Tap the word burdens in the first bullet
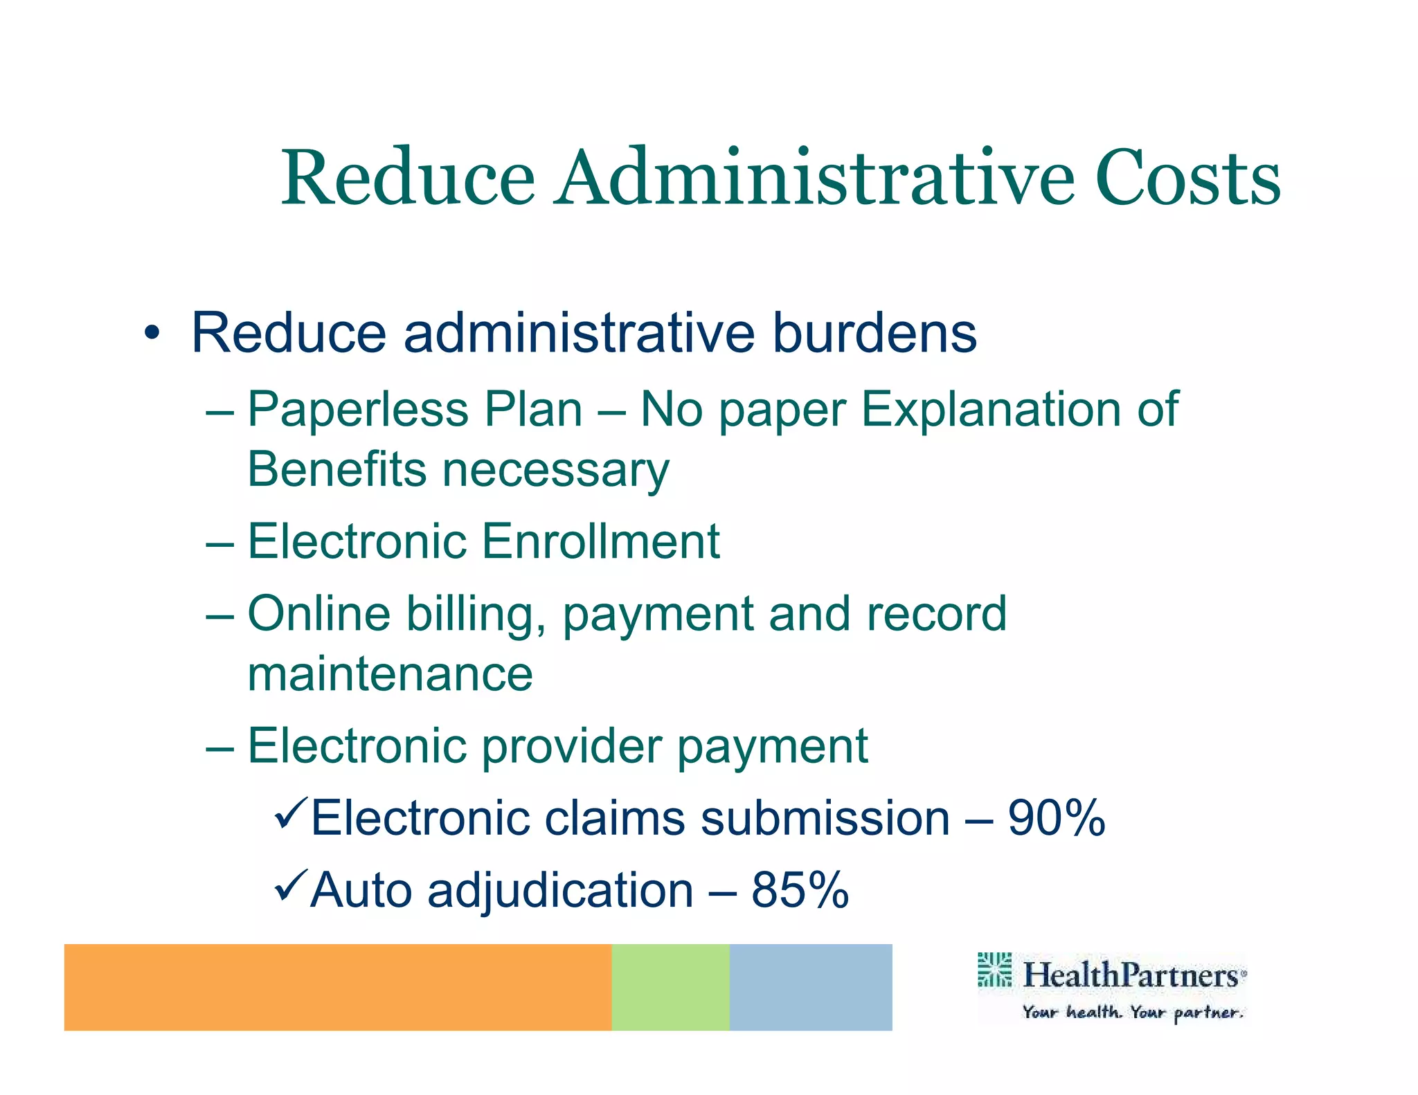[874, 333]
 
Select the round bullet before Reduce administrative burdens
[152, 334]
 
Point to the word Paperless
[346, 410]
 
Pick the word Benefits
[337, 469]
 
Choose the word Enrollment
[600, 541]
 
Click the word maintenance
[391, 674]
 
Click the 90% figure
[1056, 818]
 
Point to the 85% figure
[800, 890]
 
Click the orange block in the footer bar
[338, 987]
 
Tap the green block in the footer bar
[670, 987]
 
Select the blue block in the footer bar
[811, 987]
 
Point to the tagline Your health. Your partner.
[1133, 1013]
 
